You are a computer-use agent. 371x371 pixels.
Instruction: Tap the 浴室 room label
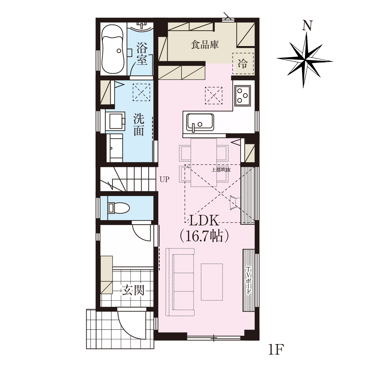click(142, 54)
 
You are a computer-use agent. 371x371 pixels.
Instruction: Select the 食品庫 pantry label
click(205, 45)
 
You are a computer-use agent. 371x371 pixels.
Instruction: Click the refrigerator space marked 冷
click(243, 63)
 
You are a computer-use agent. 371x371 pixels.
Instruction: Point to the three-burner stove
click(243, 96)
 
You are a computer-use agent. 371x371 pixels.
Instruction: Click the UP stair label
click(164, 179)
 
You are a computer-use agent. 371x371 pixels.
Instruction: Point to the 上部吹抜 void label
click(221, 170)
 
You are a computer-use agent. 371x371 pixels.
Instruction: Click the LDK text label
click(204, 221)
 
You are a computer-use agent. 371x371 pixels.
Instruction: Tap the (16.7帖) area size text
click(204, 236)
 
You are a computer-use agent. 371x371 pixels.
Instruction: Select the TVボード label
click(248, 280)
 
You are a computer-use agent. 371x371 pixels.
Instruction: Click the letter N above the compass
click(307, 25)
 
